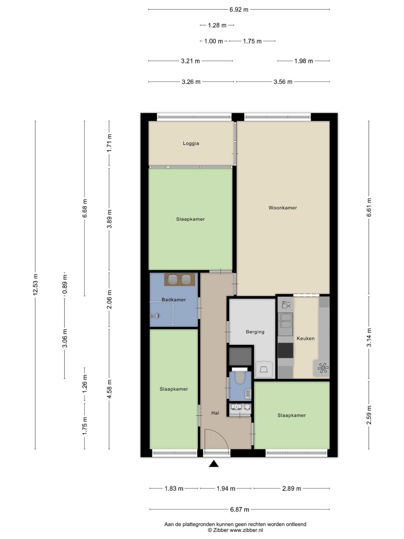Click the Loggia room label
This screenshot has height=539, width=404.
(191, 144)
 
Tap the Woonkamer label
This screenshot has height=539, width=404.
(282, 208)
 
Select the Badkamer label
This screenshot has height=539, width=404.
(174, 300)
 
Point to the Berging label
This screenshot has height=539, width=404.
(255, 332)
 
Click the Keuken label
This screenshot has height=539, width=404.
(305, 338)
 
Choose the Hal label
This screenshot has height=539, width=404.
(215, 413)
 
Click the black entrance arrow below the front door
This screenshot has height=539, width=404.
(214, 463)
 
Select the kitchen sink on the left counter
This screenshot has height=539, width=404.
(286, 321)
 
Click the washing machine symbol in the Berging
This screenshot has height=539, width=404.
(264, 369)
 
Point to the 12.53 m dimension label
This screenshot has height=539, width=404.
(35, 284)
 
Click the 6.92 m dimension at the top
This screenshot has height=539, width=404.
(239, 10)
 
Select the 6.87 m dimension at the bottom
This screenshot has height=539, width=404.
(240, 509)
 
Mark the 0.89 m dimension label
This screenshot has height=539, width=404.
(65, 284)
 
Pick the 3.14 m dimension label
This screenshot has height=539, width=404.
(369, 337)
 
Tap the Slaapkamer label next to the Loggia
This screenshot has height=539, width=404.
(190, 219)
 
